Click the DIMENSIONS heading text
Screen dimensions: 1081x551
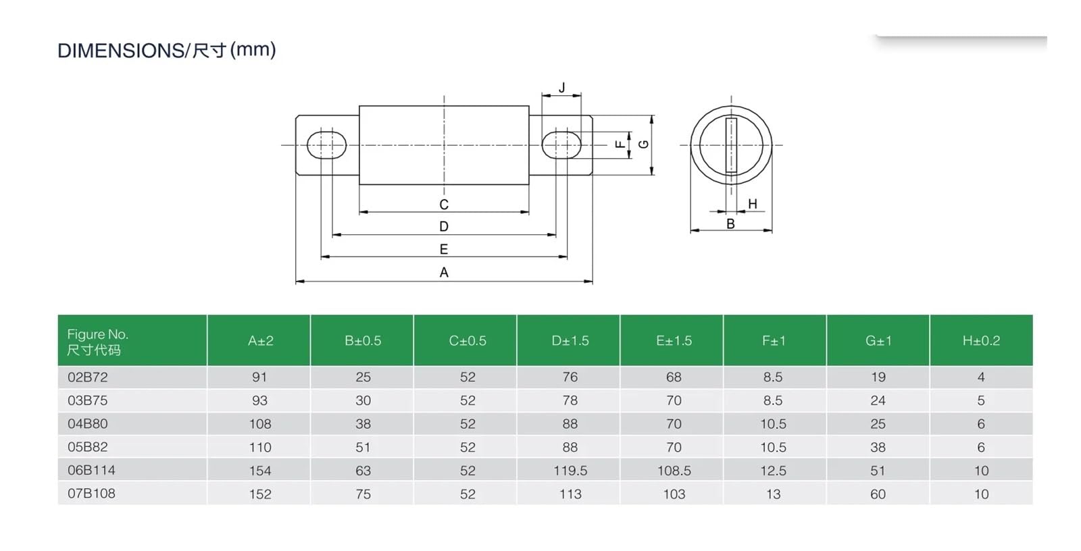pyautogui.click(x=166, y=50)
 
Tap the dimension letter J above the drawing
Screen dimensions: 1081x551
pyautogui.click(x=561, y=88)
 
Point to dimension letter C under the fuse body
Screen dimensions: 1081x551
pyautogui.click(x=444, y=205)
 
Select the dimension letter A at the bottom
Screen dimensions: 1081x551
pyautogui.click(x=444, y=273)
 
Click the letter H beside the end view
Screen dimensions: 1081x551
pyautogui.click(x=753, y=204)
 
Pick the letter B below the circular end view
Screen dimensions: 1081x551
pyautogui.click(x=730, y=224)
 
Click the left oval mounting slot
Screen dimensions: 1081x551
pyautogui.click(x=327, y=145)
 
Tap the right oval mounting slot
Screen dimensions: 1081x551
pyautogui.click(x=561, y=145)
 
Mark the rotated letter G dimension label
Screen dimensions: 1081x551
pyautogui.click(x=643, y=145)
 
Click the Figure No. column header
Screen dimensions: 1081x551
pyautogui.click(x=97, y=342)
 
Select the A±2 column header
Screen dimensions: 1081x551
pyautogui.click(x=261, y=341)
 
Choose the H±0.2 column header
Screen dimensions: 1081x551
pyautogui.click(x=981, y=340)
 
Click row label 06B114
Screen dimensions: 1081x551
pyautogui.click(x=91, y=470)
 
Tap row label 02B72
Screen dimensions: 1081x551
pyautogui.click(x=87, y=377)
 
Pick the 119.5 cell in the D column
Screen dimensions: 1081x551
pyautogui.click(x=570, y=471)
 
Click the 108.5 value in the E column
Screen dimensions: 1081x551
pyautogui.click(x=674, y=471)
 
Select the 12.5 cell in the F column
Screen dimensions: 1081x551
pyautogui.click(x=773, y=471)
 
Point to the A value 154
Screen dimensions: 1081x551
pyautogui.click(x=260, y=471)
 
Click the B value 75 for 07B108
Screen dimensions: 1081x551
pyautogui.click(x=363, y=494)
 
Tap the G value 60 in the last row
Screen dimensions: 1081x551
pyautogui.click(x=878, y=494)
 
